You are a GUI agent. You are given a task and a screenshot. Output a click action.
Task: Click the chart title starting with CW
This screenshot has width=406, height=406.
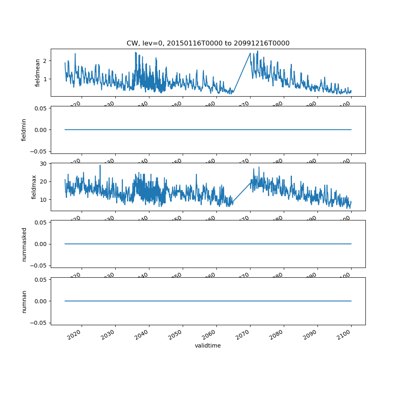pos(208,43)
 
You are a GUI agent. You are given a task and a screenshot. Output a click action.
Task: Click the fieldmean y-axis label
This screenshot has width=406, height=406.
pos(38,73)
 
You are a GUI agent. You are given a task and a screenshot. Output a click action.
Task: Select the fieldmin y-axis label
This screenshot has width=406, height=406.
pos(24,130)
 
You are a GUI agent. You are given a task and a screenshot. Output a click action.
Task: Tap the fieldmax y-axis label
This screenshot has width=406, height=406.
pos(34,187)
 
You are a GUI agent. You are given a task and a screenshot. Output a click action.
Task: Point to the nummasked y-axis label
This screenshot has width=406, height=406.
pos(24,244)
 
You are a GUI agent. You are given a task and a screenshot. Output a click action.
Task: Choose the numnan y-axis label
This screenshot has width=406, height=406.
pos(24,301)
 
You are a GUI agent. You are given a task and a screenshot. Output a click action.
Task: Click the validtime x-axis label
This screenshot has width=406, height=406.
pos(208,346)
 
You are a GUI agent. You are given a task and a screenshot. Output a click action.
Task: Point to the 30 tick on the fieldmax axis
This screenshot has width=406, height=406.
pos(43,163)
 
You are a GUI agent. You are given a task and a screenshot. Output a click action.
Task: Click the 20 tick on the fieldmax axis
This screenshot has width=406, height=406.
pos(43,181)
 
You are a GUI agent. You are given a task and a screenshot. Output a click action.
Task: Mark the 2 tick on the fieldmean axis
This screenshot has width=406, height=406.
pos(45,61)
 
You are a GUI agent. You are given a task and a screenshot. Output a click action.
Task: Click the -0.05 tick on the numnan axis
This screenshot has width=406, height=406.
pos(39,323)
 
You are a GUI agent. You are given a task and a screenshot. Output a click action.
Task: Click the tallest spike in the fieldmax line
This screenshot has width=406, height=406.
pos(100,165)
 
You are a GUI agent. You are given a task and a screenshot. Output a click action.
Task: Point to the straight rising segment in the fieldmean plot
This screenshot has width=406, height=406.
pos(242,73)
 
